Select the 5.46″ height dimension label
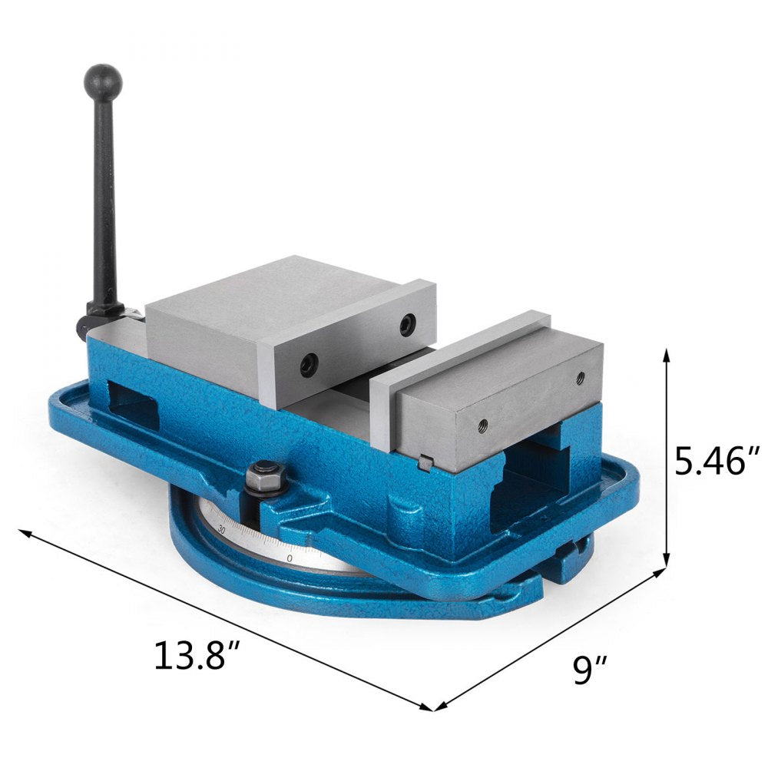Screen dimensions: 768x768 pos(717,462)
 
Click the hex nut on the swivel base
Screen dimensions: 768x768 pos(266,475)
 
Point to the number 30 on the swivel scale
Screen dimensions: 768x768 pos(221,529)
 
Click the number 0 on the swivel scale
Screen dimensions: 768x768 pos(289,558)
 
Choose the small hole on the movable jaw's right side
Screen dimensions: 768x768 pos(580,377)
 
